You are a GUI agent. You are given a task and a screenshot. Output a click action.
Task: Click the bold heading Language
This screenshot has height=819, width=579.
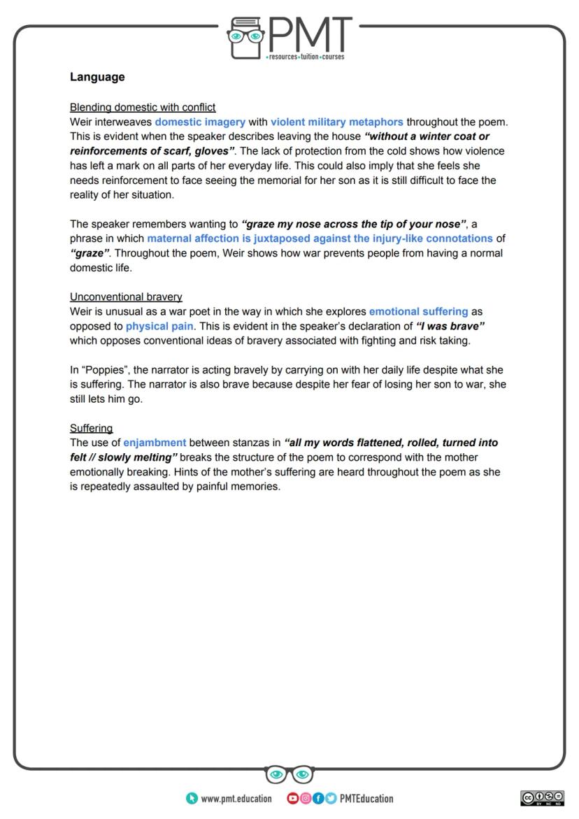[x=97, y=77]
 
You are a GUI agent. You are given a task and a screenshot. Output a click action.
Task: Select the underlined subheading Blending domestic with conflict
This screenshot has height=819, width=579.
[x=143, y=107]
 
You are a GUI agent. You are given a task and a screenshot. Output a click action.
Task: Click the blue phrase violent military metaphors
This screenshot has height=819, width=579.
[x=336, y=122]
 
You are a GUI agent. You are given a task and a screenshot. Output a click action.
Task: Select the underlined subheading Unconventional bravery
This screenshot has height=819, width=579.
[x=126, y=297]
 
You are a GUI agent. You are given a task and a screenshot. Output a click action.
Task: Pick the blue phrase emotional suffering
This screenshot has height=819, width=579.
[x=418, y=311]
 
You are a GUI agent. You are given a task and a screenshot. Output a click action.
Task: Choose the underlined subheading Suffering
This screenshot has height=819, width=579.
[x=91, y=428]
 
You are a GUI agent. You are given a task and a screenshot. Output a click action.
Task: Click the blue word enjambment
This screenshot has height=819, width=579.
[x=155, y=443]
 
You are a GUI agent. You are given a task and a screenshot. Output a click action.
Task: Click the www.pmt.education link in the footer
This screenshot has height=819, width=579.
[x=236, y=799]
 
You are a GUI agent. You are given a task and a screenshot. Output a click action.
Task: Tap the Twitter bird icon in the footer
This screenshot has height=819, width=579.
[x=330, y=799]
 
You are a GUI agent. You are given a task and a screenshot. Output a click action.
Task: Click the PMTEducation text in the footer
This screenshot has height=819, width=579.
[x=366, y=799]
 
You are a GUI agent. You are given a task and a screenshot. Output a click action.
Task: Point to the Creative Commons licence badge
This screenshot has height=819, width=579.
[x=542, y=797]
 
